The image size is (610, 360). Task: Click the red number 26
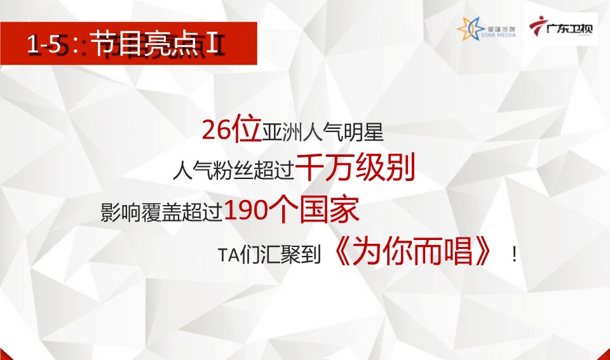217,130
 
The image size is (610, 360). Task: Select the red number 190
247,211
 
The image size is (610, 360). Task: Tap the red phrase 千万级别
355,167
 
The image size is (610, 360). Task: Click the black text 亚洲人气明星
323,133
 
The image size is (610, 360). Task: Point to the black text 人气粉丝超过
233,170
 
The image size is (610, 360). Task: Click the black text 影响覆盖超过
161,212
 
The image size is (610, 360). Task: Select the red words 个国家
315,210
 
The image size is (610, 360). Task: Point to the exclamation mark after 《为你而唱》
514,255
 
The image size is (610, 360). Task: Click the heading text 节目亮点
144,43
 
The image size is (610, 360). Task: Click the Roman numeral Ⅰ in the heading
212,44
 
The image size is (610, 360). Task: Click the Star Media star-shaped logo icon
471,29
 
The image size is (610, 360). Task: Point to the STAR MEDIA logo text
498,35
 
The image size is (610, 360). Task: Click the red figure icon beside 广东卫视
538,25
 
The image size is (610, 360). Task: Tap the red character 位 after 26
247,129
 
